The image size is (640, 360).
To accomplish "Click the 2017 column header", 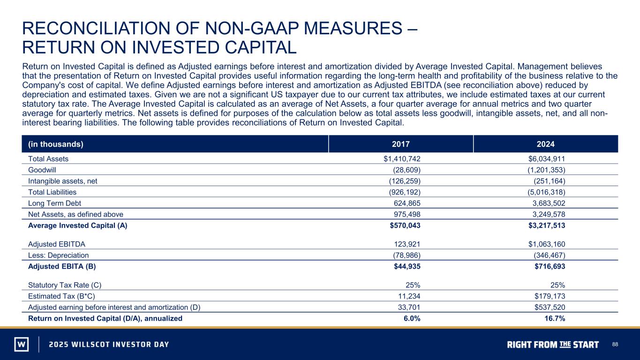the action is tap(400, 144).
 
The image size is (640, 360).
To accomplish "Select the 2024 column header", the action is tap(545, 144).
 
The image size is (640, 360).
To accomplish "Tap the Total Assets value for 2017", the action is tap(402, 159).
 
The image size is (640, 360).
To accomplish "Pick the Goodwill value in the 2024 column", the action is tap(546, 170).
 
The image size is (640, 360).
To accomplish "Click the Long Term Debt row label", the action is tap(54, 203).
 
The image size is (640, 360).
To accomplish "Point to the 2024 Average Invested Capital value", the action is tap(547, 225).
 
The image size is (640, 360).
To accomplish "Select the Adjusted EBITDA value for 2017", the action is tap(407, 244).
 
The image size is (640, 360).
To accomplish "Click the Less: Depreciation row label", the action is tap(58, 255).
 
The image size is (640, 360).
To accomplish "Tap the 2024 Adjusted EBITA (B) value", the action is tap(550, 266).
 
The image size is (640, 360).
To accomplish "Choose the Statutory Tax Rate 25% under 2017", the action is tap(413, 285).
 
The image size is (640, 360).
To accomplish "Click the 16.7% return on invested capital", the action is tap(555, 318).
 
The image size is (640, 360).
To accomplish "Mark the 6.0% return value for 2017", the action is tap(412, 318).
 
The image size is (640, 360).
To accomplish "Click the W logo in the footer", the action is tap(22, 344).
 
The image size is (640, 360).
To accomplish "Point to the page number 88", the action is tap(615, 344).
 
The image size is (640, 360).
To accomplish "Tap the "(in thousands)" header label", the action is tap(56, 144).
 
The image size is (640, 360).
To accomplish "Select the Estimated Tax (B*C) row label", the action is tap(61, 296).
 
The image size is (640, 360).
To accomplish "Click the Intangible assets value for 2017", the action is tap(405, 181).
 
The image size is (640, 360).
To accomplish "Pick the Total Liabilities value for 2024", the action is tap(546, 192).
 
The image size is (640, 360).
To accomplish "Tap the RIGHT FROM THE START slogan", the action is tap(553, 345).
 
